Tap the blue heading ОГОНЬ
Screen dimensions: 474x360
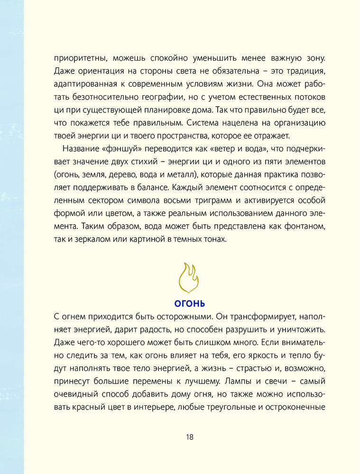coord(189,303)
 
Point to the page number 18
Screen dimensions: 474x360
coord(189,437)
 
